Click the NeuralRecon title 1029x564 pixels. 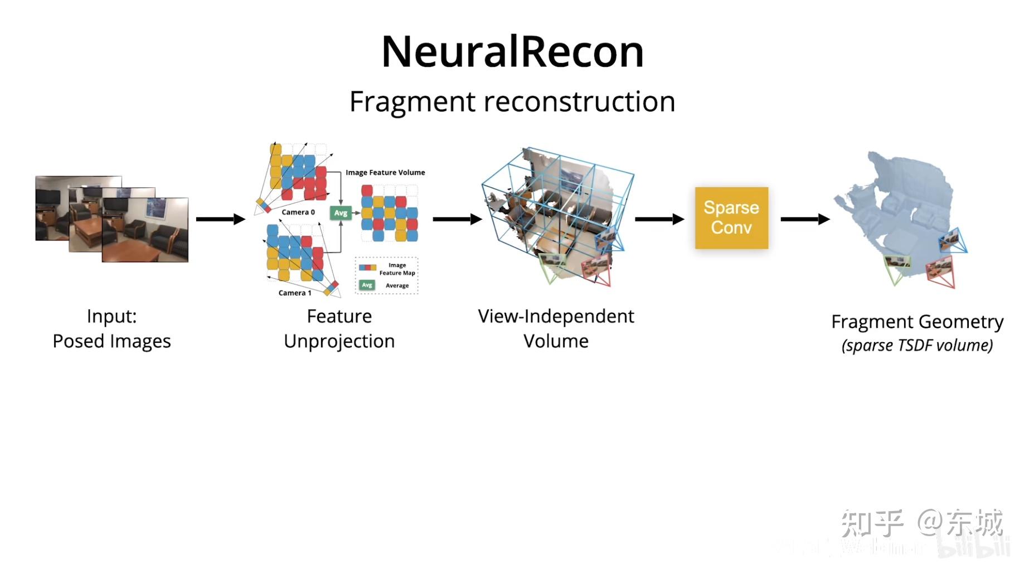(512, 52)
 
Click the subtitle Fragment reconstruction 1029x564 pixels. (512, 102)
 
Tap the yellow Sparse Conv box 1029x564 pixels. (731, 218)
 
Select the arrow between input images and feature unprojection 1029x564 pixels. (220, 219)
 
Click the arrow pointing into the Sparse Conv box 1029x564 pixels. (659, 219)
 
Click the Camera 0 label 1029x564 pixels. (298, 212)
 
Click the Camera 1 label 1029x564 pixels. (295, 293)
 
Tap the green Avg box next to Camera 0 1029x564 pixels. (341, 213)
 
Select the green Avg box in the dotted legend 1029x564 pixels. (367, 285)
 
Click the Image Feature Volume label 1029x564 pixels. (385, 173)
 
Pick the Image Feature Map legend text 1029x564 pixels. (397, 269)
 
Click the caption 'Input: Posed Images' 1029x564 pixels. (111, 329)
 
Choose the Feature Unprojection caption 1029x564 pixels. (339, 329)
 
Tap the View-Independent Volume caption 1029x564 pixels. (556, 329)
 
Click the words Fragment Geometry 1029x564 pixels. (917, 322)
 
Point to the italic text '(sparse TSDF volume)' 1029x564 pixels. (917, 346)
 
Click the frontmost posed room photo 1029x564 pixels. (145, 230)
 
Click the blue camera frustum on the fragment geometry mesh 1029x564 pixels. (953, 241)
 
